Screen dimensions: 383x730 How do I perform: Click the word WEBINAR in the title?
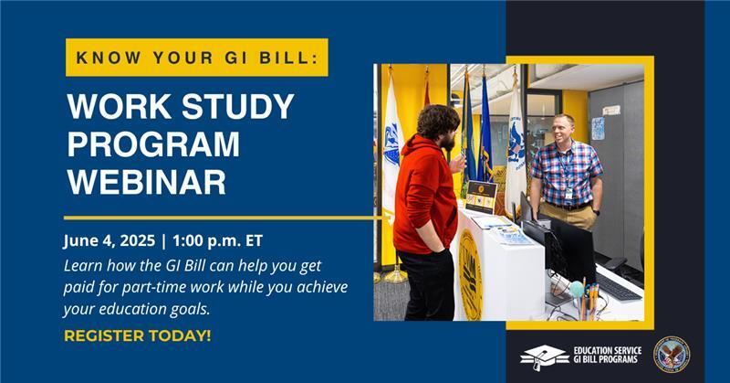coord(146,180)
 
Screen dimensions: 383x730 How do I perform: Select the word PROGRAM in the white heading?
coord(153,144)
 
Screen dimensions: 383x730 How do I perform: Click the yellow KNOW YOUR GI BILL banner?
coord(196,57)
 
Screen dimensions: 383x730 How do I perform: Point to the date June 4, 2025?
coord(107,242)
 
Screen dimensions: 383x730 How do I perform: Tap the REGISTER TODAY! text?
coord(137,335)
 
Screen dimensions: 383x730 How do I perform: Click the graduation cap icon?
coord(544,356)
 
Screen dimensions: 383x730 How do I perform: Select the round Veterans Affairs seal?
coord(672,355)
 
